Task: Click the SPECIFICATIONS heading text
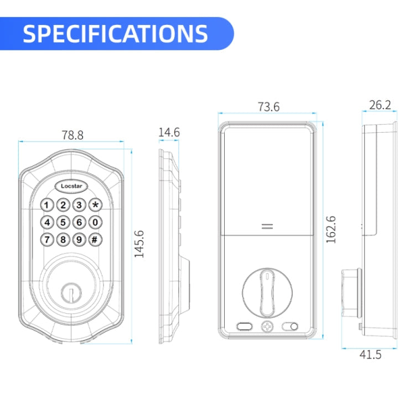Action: pos(116,34)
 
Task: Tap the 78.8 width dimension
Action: pos(72,135)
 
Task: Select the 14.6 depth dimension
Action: pos(169,132)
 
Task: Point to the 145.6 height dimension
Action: pos(139,244)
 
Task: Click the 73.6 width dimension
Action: pos(268,107)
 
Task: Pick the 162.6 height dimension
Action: pos(331,230)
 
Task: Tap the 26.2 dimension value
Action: pos(380,105)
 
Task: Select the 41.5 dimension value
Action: pos(370,354)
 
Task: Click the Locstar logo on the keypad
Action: pos(71,186)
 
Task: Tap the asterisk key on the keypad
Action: pos(95,205)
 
